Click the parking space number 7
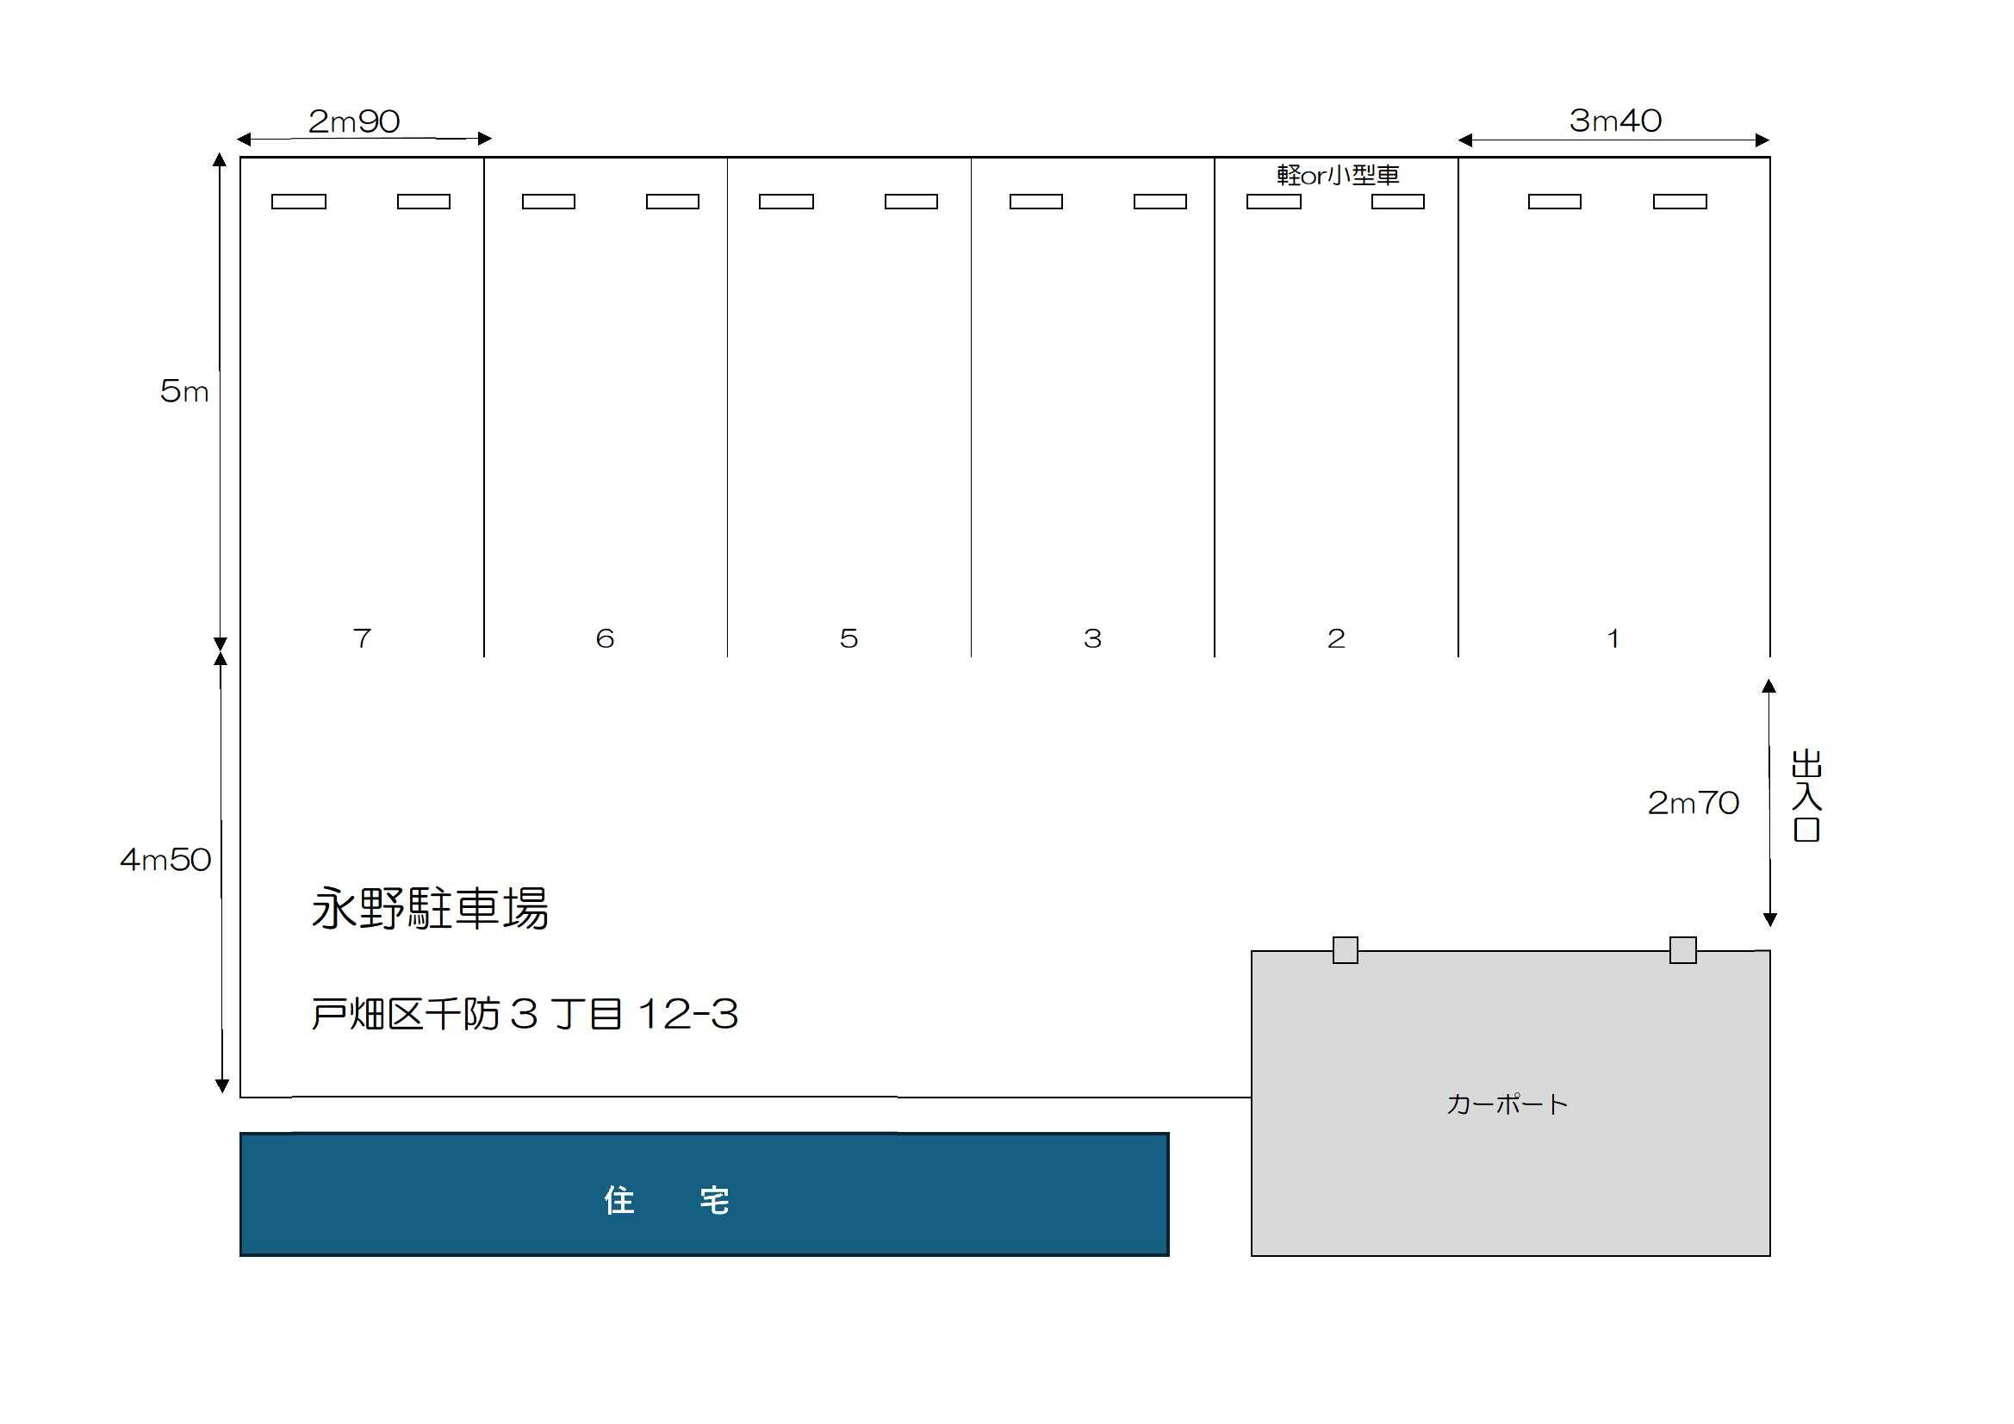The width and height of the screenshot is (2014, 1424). (x=363, y=637)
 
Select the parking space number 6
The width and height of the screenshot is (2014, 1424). (x=605, y=637)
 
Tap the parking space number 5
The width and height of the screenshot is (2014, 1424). (x=848, y=637)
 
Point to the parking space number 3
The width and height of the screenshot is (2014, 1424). (x=1092, y=637)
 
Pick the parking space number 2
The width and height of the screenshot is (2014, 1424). (x=1336, y=637)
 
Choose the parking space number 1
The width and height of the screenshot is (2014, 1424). (x=1613, y=637)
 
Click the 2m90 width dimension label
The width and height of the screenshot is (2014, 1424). (x=353, y=121)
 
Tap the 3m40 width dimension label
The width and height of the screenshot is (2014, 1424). (x=1615, y=121)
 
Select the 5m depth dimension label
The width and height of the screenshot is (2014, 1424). (x=184, y=390)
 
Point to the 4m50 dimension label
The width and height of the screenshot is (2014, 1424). (x=165, y=859)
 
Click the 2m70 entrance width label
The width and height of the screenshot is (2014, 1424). (x=1693, y=802)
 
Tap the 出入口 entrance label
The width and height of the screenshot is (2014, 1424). (x=1806, y=795)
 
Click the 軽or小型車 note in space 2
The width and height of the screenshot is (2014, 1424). (x=1338, y=176)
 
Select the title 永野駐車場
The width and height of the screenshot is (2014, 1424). (x=430, y=908)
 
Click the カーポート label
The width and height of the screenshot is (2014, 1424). (x=1507, y=1104)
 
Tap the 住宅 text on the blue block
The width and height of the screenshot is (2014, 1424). (x=667, y=1200)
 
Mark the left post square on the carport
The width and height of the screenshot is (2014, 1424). (x=1345, y=950)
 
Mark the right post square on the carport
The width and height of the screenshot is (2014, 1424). (x=1682, y=950)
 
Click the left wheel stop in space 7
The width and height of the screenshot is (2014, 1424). (x=298, y=202)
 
